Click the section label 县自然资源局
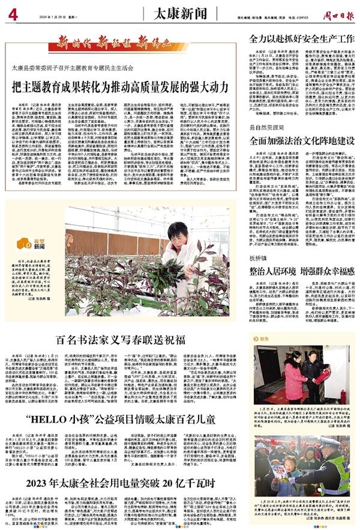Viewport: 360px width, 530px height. click(x=265, y=128)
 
